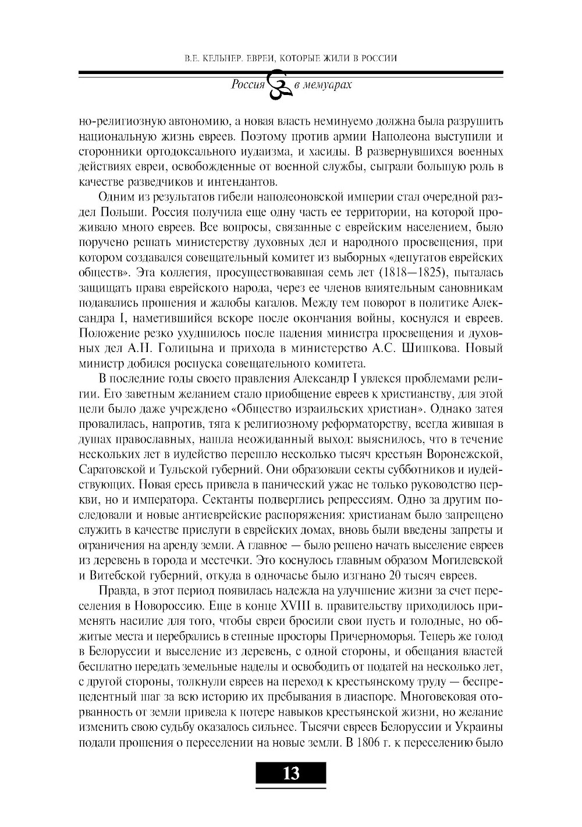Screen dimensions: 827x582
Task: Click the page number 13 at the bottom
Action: point(290,773)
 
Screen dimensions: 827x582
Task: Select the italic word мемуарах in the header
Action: point(331,85)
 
